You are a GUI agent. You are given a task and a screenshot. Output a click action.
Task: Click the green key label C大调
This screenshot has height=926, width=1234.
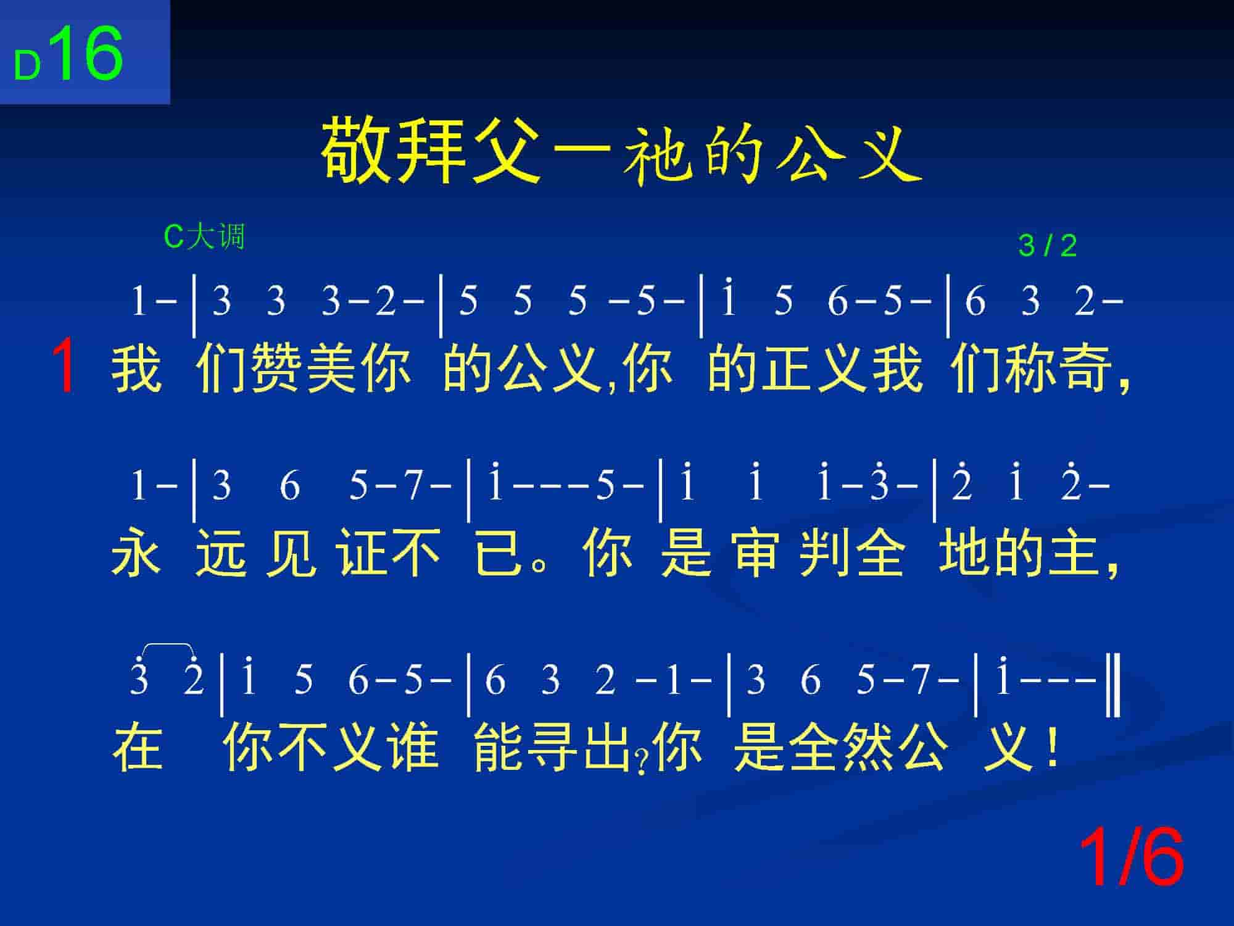[204, 236]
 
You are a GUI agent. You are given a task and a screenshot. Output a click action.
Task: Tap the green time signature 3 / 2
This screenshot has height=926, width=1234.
[1048, 246]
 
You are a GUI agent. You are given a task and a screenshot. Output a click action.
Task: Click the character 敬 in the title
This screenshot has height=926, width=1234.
[357, 150]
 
